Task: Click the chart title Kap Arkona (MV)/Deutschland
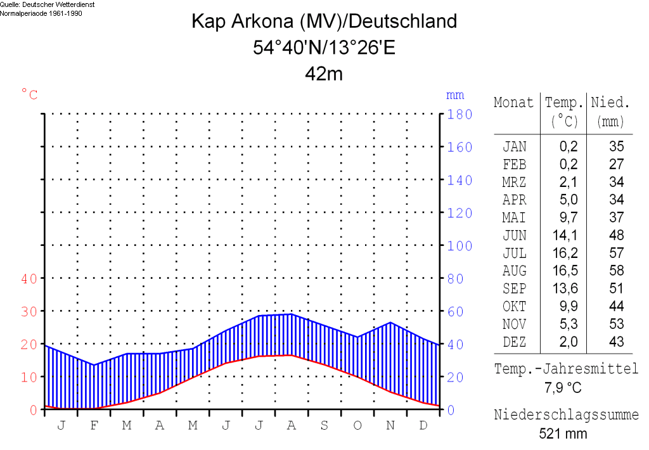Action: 324,22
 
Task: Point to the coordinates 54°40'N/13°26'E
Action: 324,48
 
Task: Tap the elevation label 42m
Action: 324,74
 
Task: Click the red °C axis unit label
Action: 30,95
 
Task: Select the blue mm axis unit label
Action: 455,95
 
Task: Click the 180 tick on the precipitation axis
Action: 460,115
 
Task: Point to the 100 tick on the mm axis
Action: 460,246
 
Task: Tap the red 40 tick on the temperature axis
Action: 30,278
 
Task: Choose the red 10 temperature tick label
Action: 30,377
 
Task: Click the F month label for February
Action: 94,425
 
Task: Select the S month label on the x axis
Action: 324,425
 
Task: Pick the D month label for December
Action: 423,425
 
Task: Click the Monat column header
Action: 514,103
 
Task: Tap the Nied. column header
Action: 610,103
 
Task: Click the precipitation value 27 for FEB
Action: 616,164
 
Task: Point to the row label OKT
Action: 514,307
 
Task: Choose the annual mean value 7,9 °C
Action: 563,387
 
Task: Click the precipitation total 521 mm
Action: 563,434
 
